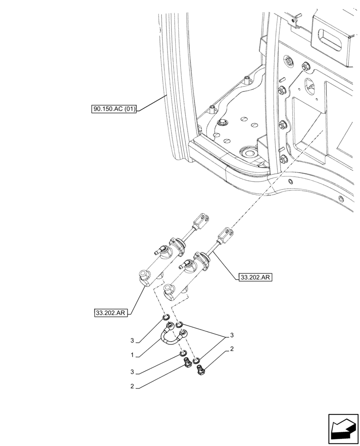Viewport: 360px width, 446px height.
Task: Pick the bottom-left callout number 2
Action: coord(133,387)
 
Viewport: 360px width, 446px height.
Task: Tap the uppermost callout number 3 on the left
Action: coord(132,341)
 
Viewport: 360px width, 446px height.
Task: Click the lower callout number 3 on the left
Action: coord(133,372)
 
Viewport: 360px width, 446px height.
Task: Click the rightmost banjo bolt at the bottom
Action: coord(200,369)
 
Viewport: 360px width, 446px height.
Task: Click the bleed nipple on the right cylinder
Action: coord(181,267)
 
